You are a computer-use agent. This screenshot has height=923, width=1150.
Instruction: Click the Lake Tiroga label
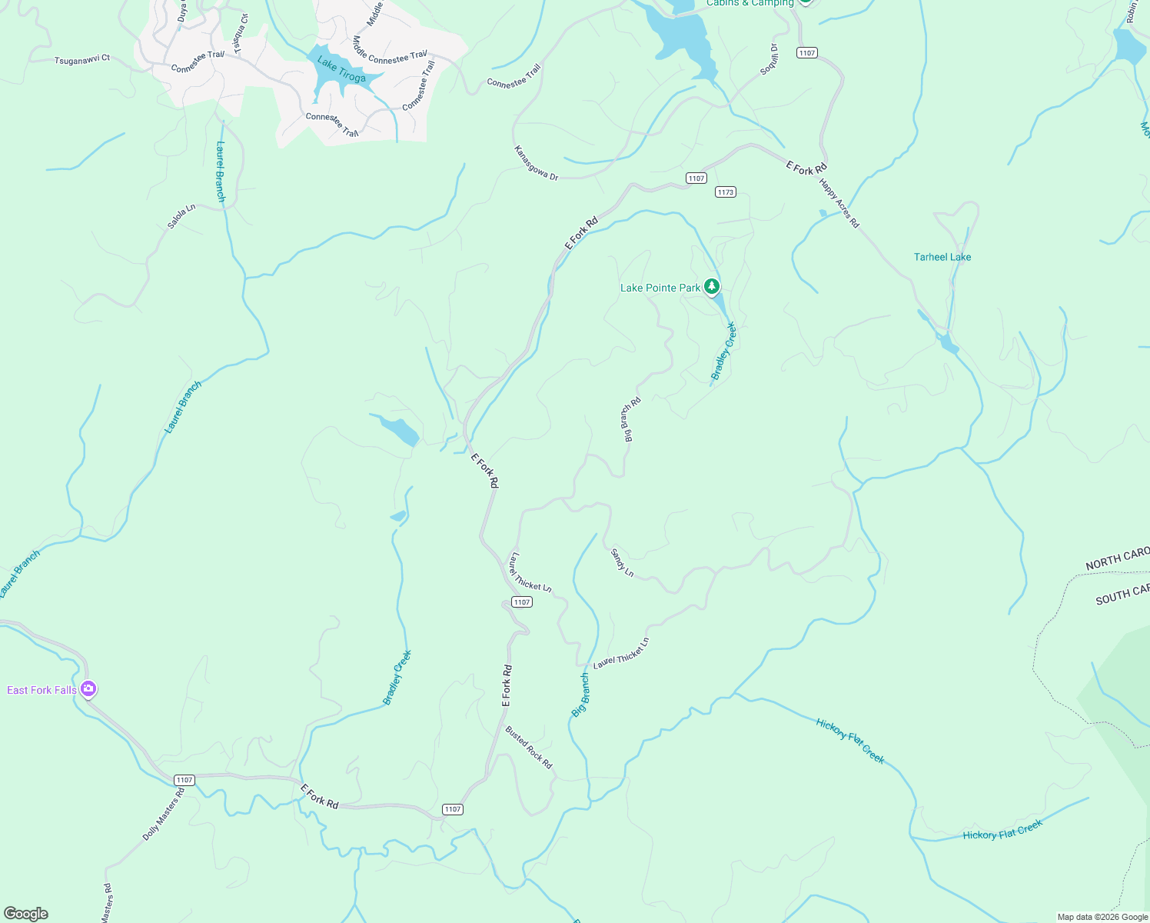pos(341,70)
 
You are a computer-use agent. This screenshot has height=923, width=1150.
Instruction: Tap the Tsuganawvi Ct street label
pos(82,59)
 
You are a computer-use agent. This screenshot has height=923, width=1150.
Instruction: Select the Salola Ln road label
pos(181,216)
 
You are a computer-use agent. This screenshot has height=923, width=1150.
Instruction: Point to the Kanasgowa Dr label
pos(536,163)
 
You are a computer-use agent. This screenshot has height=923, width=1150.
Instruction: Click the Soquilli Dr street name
pos(769,59)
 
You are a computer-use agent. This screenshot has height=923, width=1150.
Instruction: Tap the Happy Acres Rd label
pos(839,203)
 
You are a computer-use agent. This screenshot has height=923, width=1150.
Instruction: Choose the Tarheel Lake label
pos(942,257)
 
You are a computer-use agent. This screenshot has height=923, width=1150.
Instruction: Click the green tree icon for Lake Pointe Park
pos(712,287)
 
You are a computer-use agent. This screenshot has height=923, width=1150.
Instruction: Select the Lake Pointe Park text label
pos(660,288)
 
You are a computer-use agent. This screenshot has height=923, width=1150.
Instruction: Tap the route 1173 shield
pos(726,192)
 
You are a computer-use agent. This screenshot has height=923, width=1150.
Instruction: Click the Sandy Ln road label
pos(622,562)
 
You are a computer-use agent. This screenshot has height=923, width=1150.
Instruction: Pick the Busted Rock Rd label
pos(529,747)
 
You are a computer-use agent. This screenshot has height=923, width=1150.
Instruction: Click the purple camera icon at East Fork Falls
pos(88,689)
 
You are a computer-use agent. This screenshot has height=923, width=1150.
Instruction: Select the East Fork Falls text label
pos(42,690)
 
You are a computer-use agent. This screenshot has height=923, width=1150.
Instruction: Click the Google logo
pos(26,914)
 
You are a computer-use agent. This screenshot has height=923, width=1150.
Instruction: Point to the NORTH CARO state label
pos(1117,559)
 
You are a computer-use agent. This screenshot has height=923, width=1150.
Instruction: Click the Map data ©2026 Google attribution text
pos(1102,917)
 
